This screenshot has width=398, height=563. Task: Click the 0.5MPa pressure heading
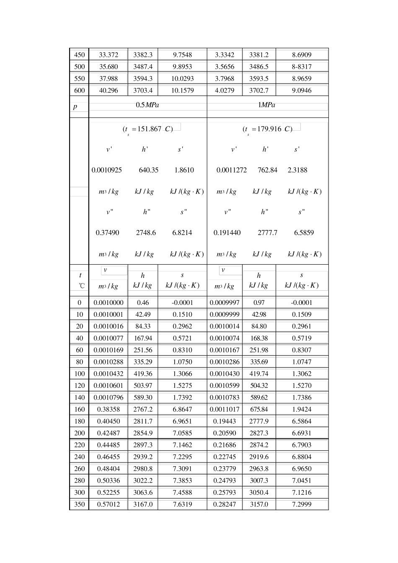click(x=147, y=105)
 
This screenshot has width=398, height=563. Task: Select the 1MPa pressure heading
click(x=266, y=105)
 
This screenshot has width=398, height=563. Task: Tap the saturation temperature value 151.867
click(x=149, y=129)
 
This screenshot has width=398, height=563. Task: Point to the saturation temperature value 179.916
click(x=269, y=129)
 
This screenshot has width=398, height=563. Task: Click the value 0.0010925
click(x=107, y=170)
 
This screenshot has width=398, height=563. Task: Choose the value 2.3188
click(x=297, y=170)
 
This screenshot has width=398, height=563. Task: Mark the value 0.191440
click(x=227, y=233)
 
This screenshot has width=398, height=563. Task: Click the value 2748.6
click(x=146, y=233)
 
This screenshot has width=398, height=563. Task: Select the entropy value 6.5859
click(x=304, y=233)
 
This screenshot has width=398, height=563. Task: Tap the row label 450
click(x=79, y=55)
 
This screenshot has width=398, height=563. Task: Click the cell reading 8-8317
click(x=302, y=67)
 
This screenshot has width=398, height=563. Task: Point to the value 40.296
click(x=109, y=90)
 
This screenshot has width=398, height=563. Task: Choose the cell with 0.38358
click(x=109, y=410)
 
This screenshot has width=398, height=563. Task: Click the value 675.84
click(x=259, y=410)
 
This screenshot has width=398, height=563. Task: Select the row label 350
click(x=79, y=504)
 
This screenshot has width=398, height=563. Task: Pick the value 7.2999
click(x=302, y=504)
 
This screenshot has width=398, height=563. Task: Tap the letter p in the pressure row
click(x=75, y=107)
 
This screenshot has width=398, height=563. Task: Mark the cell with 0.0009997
click(x=225, y=302)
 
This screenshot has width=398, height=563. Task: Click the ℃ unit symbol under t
click(x=81, y=286)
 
